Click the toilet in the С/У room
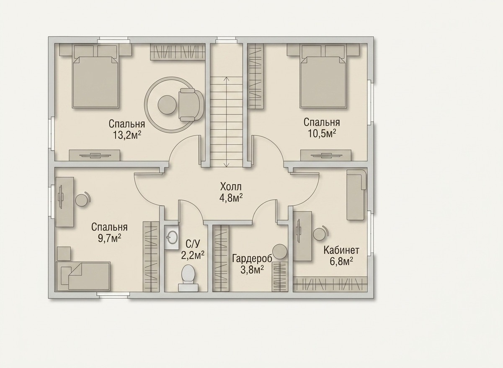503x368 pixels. point(188,278)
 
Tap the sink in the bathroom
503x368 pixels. point(172,238)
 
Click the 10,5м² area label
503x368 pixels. point(322,134)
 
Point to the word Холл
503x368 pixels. point(231,187)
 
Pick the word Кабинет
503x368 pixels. point(341,250)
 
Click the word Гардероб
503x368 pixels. point(252,258)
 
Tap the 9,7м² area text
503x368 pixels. point(109,238)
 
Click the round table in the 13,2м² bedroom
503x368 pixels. point(167,105)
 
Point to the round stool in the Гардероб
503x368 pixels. point(280,252)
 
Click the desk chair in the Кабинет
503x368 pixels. point(320,234)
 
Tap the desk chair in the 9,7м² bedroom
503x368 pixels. point(83,199)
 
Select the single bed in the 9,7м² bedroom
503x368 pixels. point(83,276)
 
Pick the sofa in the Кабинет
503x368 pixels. point(356,194)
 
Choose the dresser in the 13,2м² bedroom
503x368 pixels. point(94,155)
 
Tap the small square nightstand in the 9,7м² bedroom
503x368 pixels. point(64,253)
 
